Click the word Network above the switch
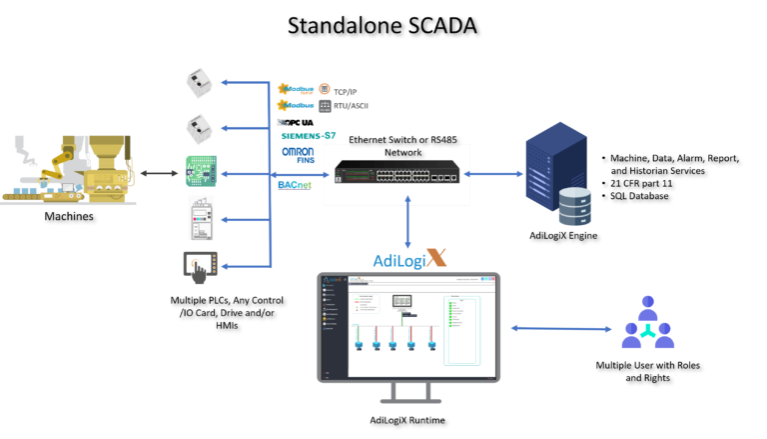point(402,153)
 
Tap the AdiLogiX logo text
point(409,259)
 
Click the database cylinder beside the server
point(574,205)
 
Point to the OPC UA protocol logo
point(295,122)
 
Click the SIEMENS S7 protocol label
point(308,136)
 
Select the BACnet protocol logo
point(295,185)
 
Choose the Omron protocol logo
point(298,155)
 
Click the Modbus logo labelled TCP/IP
point(304,89)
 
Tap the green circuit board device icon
point(200,172)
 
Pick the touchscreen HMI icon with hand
point(200,267)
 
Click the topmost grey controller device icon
point(199,82)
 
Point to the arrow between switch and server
point(489,174)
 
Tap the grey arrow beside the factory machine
point(159,174)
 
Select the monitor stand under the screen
point(408,393)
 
